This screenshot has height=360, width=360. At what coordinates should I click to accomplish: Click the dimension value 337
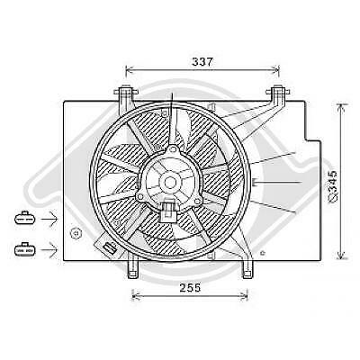(x=202, y=61)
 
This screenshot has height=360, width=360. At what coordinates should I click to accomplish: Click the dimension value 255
(x=190, y=288)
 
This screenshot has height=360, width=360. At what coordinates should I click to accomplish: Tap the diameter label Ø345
(x=333, y=186)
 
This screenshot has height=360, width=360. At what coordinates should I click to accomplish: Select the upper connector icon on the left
(x=25, y=218)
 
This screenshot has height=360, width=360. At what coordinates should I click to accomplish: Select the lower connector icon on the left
(x=25, y=249)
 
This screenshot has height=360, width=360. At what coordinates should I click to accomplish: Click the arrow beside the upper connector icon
(x=49, y=219)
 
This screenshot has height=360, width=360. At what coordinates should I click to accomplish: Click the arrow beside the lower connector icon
(x=49, y=249)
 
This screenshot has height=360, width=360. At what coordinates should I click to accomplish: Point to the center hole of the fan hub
(x=170, y=182)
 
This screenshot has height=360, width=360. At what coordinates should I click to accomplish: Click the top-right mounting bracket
(x=278, y=96)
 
